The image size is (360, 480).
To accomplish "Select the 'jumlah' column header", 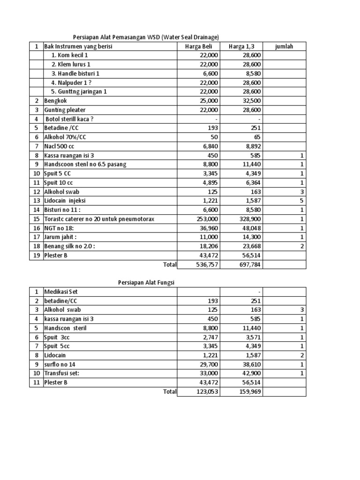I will pos(284,46).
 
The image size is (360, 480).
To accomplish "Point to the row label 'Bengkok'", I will pos(55,100).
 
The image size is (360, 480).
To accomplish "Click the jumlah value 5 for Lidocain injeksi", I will pos(302,201).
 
